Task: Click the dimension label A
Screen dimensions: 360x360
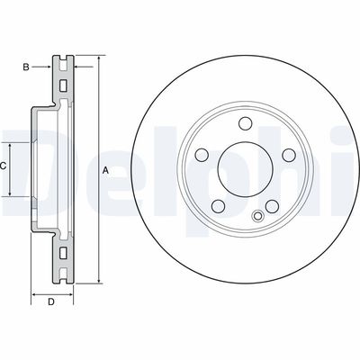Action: (105, 171)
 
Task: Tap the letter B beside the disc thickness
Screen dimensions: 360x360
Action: (26, 66)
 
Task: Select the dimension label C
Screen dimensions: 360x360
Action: (4, 166)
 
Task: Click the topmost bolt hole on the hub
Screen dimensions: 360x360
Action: (246, 125)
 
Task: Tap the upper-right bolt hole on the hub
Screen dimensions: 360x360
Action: (289, 156)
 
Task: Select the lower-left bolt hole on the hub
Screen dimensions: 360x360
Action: (220, 206)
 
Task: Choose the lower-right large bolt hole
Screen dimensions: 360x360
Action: (273, 206)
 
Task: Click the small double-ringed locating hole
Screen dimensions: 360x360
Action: (259, 215)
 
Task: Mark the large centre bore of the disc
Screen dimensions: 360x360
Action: (246, 168)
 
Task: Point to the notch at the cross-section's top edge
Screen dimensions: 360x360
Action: (64, 59)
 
